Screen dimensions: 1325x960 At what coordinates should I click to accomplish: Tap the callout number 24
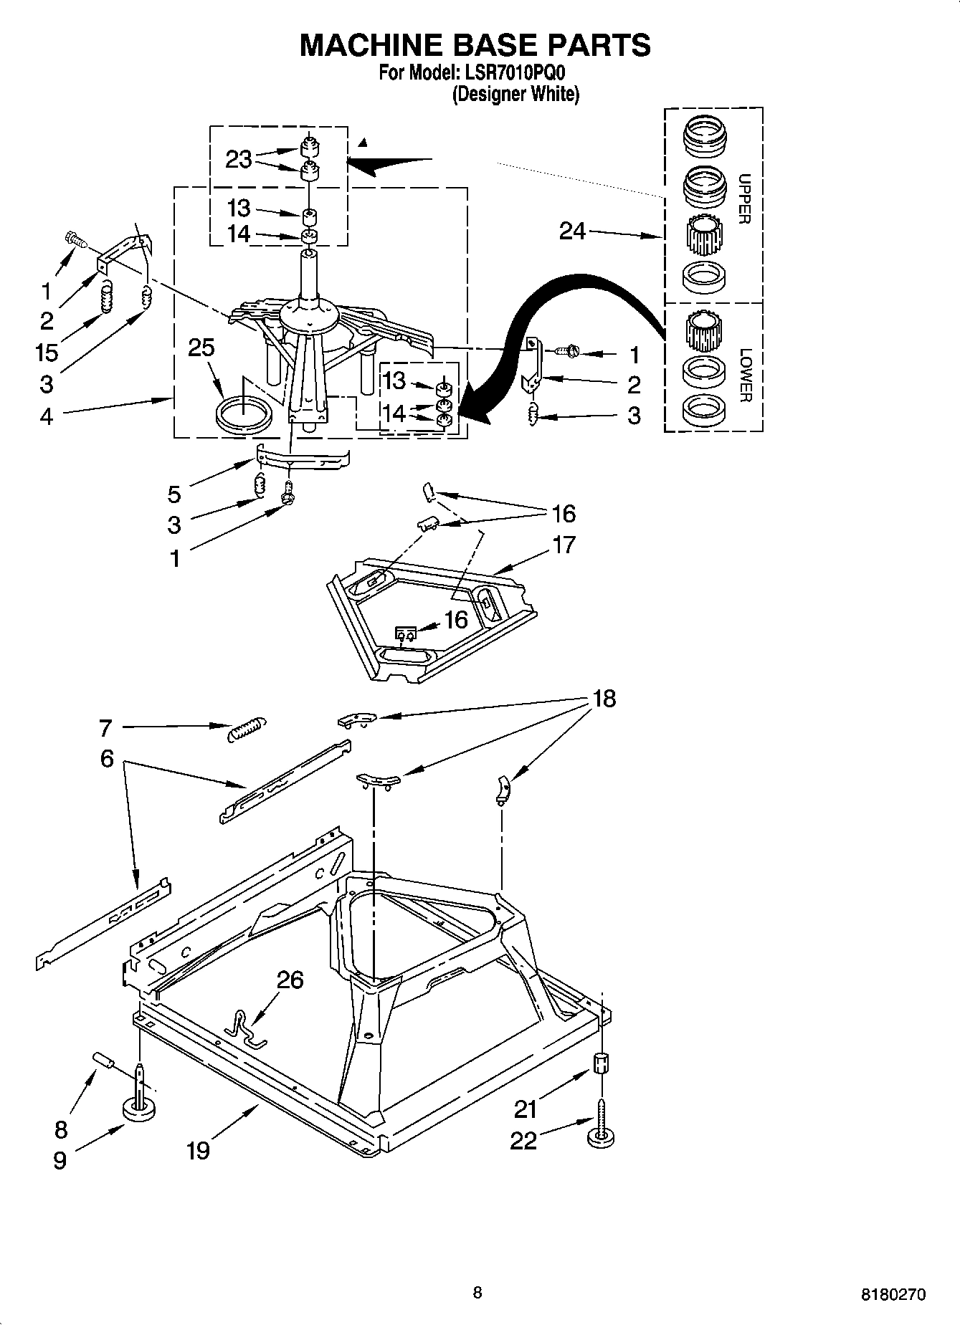click(572, 231)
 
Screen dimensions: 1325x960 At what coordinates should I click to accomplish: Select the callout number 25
click(201, 348)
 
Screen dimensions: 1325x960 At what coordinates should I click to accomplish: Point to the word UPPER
click(744, 198)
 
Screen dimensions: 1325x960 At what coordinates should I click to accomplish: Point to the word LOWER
click(744, 375)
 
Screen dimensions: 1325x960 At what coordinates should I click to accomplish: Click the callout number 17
click(564, 545)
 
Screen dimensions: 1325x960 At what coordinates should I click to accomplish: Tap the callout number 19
click(199, 1151)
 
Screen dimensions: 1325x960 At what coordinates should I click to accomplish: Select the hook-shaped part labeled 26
click(242, 1030)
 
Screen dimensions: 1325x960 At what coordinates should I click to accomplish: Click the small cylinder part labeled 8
click(104, 1059)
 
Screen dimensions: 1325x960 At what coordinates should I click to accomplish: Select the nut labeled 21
click(602, 1063)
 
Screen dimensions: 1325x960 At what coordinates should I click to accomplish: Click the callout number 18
click(604, 699)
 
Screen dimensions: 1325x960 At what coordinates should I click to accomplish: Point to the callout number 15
click(47, 353)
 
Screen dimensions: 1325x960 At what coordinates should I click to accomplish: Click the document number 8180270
click(893, 1294)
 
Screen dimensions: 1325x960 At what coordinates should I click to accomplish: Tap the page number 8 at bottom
click(477, 1292)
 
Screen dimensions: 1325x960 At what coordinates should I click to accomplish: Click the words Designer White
click(515, 94)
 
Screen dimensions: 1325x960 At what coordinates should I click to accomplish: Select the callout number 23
click(239, 159)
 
